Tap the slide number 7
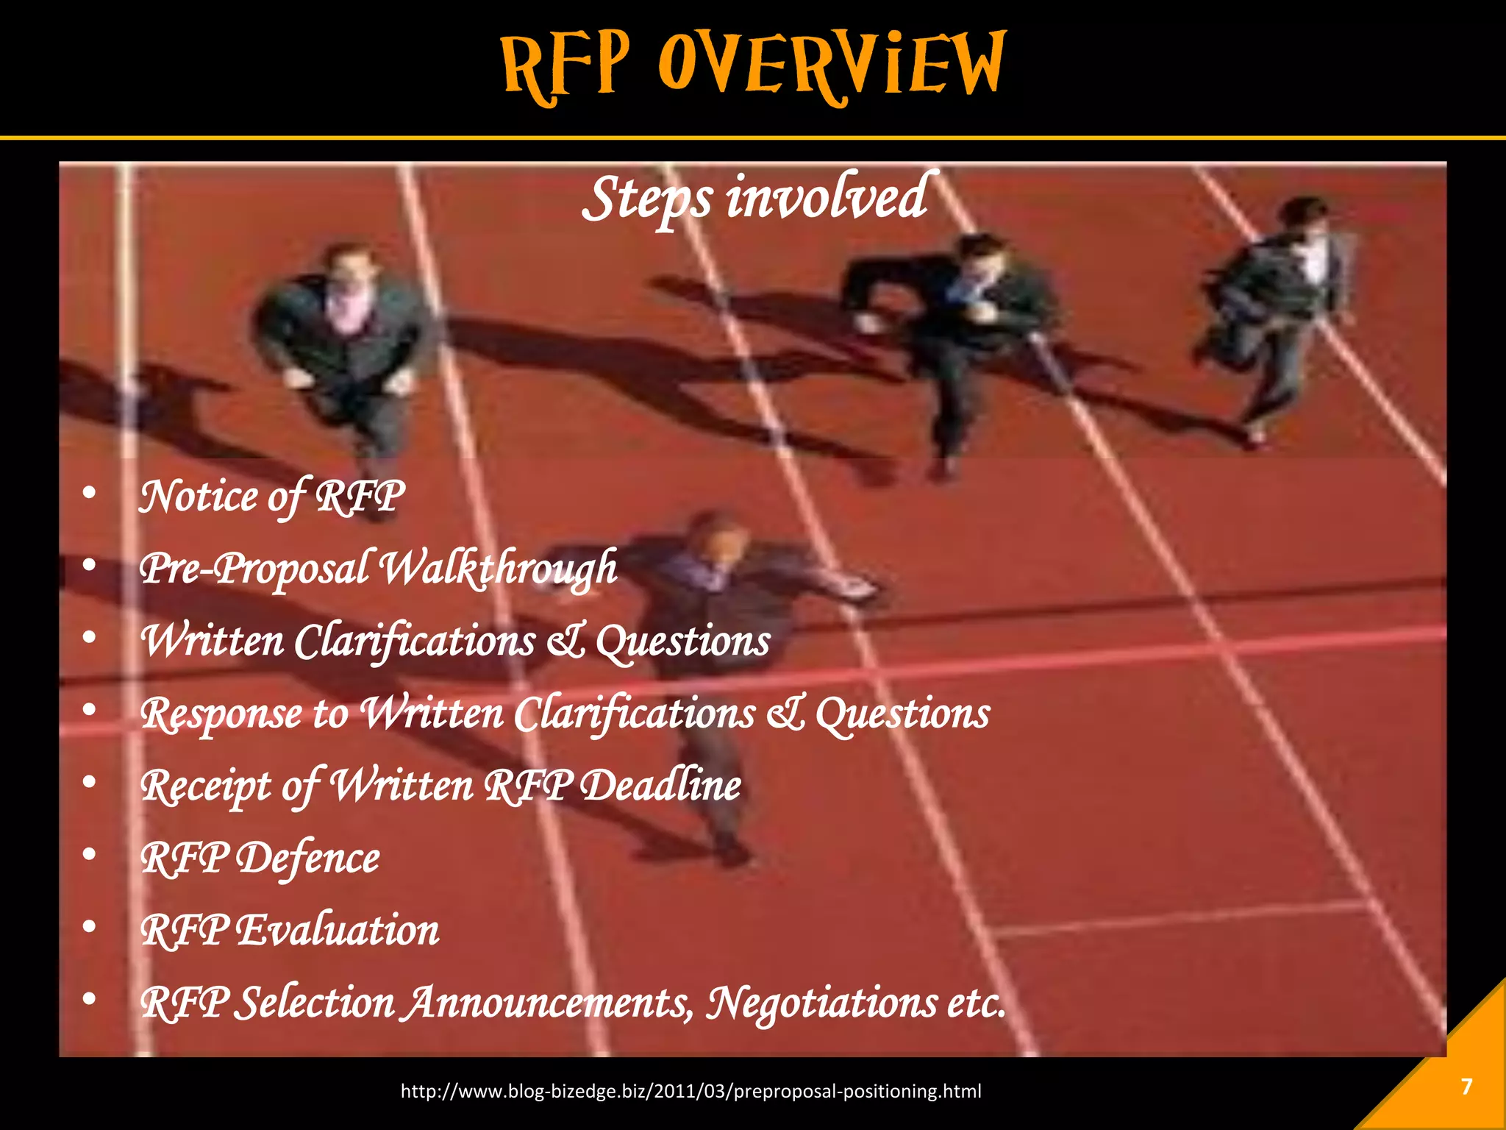pos(1466,1087)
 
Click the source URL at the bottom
pos(690,1091)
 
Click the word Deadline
pos(661,785)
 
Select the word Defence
pos(309,858)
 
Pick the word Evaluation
pos(338,930)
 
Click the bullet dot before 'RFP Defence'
pos(90,854)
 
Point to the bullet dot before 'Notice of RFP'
pos(90,493)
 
